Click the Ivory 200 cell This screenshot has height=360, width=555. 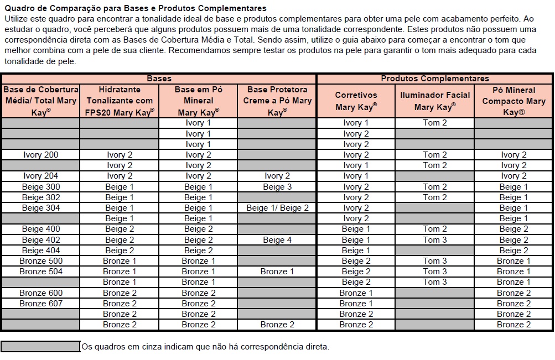coord(40,155)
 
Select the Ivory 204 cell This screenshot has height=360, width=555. coord(40,176)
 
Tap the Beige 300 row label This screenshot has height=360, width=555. coord(40,187)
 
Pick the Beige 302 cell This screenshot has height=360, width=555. coord(40,197)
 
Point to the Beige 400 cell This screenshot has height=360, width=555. coord(40,229)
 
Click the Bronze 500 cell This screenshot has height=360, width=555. coord(40,261)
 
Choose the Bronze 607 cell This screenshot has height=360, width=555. coord(40,304)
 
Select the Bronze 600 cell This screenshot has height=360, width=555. coord(40,293)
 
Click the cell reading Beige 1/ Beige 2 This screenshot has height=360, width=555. coord(277,208)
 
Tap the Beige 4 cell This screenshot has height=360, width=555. coord(277,240)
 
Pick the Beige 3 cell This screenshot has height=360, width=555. coord(277,187)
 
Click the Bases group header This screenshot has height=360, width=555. coord(159,79)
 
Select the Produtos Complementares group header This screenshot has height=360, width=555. coord(435,79)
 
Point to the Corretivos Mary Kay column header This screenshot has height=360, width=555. coord(356,101)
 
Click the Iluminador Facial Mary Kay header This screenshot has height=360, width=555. coord(435,101)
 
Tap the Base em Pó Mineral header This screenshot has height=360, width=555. coord(198,101)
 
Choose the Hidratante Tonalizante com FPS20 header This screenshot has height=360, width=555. coord(120,101)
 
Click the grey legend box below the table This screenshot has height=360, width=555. coord(40,347)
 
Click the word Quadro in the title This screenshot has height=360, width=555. coord(19,8)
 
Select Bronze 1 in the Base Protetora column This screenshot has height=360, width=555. coord(277,272)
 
